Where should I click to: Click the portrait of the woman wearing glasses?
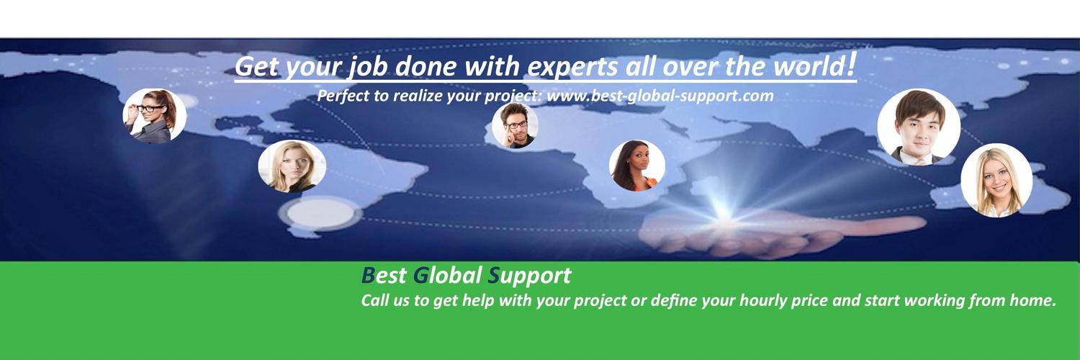(x=154, y=116)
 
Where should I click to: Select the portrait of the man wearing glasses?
(x=515, y=126)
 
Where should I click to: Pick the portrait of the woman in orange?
(x=636, y=166)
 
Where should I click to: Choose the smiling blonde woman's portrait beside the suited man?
(x=996, y=181)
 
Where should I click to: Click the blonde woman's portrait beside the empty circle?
(x=292, y=166)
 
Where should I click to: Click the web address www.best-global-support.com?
(x=660, y=96)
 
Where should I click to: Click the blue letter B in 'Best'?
(x=368, y=276)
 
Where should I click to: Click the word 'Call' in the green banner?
(x=375, y=300)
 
